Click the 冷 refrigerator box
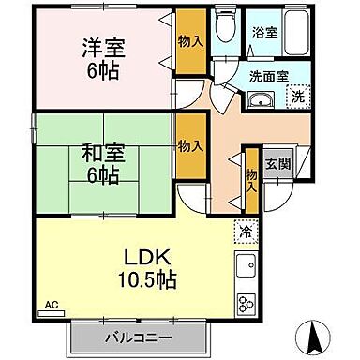[x=243, y=230]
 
